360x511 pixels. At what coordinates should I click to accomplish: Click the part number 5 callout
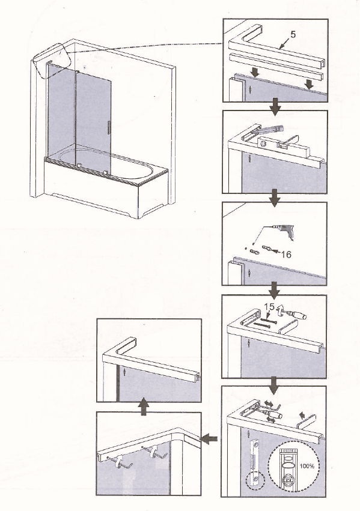point(293,34)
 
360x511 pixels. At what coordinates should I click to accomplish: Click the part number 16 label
point(286,254)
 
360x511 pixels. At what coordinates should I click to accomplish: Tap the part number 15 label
point(269,307)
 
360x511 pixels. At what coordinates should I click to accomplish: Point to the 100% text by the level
point(307,466)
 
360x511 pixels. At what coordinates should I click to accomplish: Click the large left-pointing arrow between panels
point(209,439)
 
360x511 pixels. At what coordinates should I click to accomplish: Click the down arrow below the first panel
point(275,106)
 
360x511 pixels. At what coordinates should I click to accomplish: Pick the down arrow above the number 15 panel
point(274,291)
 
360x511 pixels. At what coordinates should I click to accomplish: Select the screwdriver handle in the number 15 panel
point(299,315)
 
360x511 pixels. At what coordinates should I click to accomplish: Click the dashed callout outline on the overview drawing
point(52,61)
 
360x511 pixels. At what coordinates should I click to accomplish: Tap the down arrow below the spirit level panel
point(274,198)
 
